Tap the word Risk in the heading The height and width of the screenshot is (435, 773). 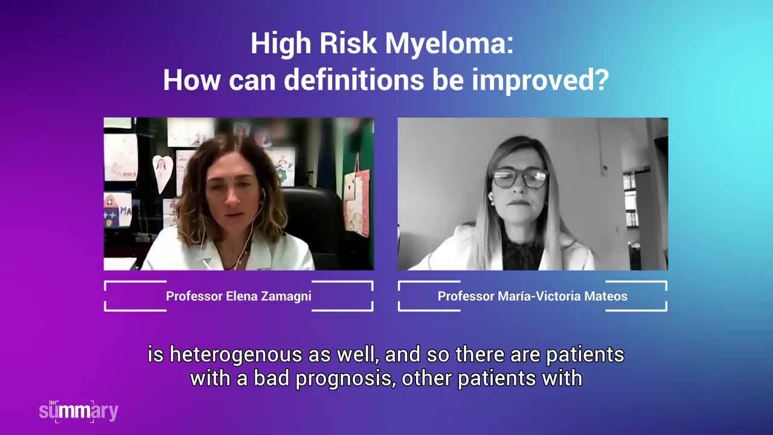coord(348,43)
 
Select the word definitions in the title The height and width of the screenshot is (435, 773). coord(354,80)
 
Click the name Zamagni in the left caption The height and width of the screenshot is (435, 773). coord(286,297)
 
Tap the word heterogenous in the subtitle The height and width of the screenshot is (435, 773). coord(236,355)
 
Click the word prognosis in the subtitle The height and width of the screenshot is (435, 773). coord(345,379)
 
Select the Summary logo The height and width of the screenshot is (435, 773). coord(79,411)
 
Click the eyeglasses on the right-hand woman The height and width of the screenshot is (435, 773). coord(520,178)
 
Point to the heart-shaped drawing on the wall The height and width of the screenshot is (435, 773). coord(162,173)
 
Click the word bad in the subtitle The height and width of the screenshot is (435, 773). coord(272,378)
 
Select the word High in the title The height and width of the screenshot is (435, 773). coord(281,45)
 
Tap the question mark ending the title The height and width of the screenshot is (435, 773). coord(603,80)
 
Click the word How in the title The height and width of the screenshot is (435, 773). coord(191,80)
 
